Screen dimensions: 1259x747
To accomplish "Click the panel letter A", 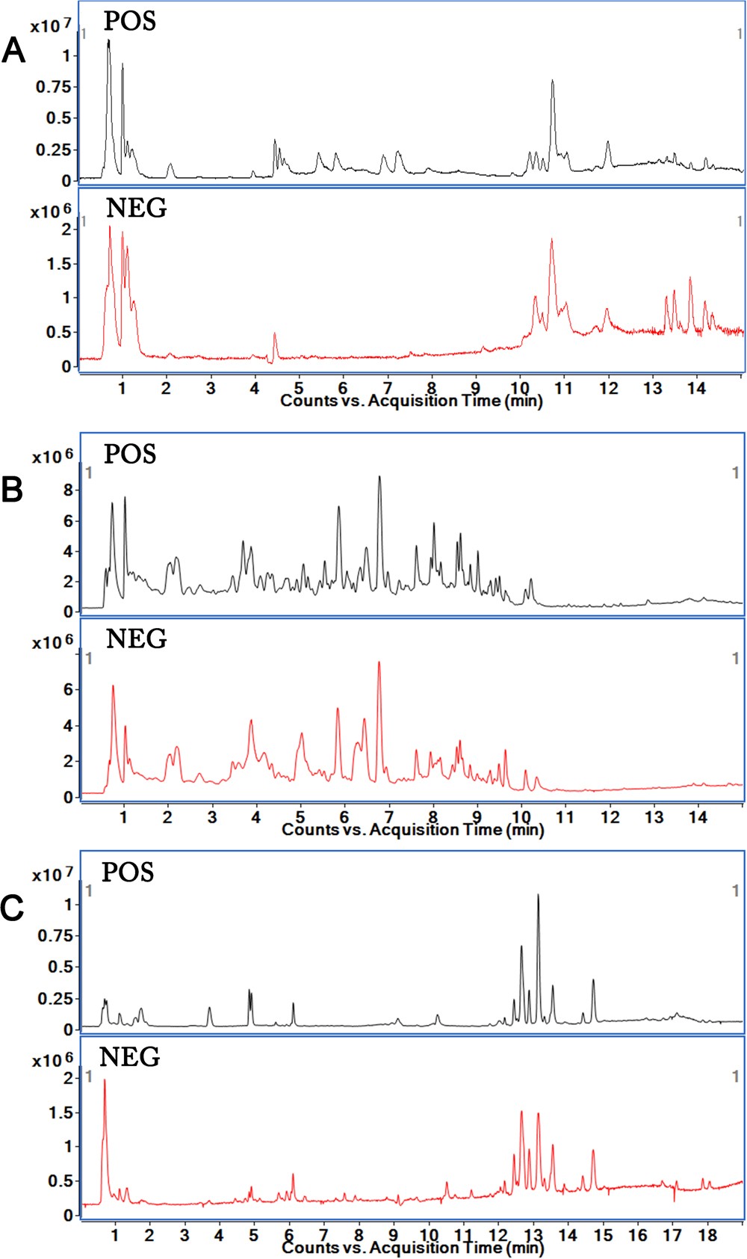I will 13,52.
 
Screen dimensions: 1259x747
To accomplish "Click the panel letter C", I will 13,908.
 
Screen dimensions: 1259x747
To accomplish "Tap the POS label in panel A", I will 129,21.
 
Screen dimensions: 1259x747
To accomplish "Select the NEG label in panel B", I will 136,638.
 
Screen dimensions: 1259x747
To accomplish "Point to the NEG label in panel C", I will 129,1056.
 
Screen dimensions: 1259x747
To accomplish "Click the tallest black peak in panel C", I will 538,896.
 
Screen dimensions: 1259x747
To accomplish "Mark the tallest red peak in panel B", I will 379,663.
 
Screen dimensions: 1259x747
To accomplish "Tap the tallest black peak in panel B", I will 379,477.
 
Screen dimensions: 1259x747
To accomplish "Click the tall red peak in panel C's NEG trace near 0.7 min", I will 105,1080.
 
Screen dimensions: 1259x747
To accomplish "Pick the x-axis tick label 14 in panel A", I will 696,388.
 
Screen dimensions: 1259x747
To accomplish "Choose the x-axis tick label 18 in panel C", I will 707,1234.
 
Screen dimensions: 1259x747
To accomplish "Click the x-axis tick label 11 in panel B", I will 565,816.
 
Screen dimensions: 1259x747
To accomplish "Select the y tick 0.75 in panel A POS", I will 54,87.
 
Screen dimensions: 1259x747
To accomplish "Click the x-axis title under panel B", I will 412,829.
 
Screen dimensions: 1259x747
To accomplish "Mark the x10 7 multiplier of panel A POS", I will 51,25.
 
